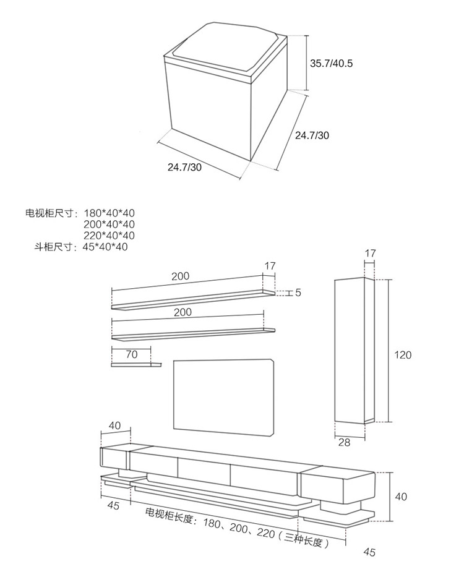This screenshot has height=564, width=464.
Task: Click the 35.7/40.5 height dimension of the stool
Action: pyautogui.click(x=331, y=63)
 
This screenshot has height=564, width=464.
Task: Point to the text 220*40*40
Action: pyautogui.click(x=109, y=236)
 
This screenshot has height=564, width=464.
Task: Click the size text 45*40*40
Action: pyautogui.click(x=105, y=247)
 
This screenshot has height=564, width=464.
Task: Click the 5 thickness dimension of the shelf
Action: pyautogui.click(x=298, y=293)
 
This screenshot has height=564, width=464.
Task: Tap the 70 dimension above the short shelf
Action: pyautogui.click(x=131, y=355)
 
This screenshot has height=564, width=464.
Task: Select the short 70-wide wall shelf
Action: pyautogui.click(x=135, y=365)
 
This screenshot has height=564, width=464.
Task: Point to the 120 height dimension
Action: pyautogui.click(x=403, y=355)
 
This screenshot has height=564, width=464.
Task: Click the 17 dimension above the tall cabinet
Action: pyautogui.click(x=370, y=253)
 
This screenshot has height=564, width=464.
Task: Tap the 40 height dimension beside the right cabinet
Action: pyautogui.click(x=401, y=496)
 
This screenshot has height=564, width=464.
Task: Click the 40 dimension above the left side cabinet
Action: pyautogui.click(x=115, y=425)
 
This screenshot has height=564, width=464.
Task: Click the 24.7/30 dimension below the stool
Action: pyautogui.click(x=184, y=167)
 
